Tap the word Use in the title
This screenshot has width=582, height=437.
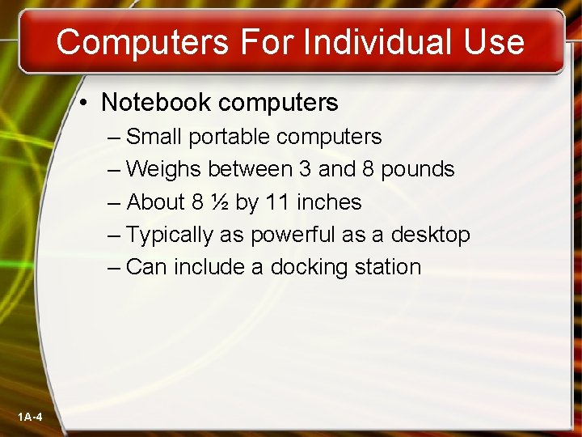point(494,41)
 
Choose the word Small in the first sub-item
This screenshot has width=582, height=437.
point(154,137)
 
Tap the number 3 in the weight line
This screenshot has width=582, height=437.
point(304,169)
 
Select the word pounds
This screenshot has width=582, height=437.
point(418,169)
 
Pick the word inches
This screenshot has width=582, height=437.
point(329,202)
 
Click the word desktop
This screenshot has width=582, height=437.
point(430,235)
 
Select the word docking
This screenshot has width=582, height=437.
point(313,267)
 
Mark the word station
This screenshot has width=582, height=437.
point(391,267)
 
